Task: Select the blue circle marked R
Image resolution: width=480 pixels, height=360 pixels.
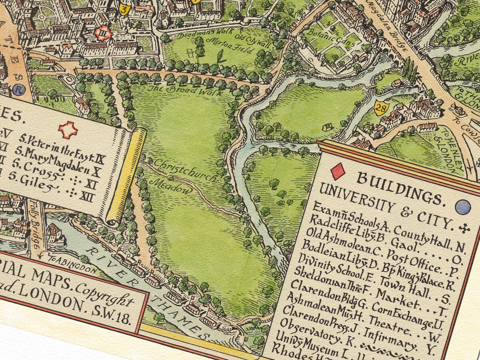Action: coord(17,90)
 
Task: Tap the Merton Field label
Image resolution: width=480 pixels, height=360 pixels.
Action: coord(226,44)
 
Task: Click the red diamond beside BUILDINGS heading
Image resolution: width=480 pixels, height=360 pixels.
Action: coord(338,171)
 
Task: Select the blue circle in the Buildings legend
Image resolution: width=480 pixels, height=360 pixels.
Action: coord(463,207)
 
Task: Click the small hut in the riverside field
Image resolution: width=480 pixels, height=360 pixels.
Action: coord(327,127)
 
